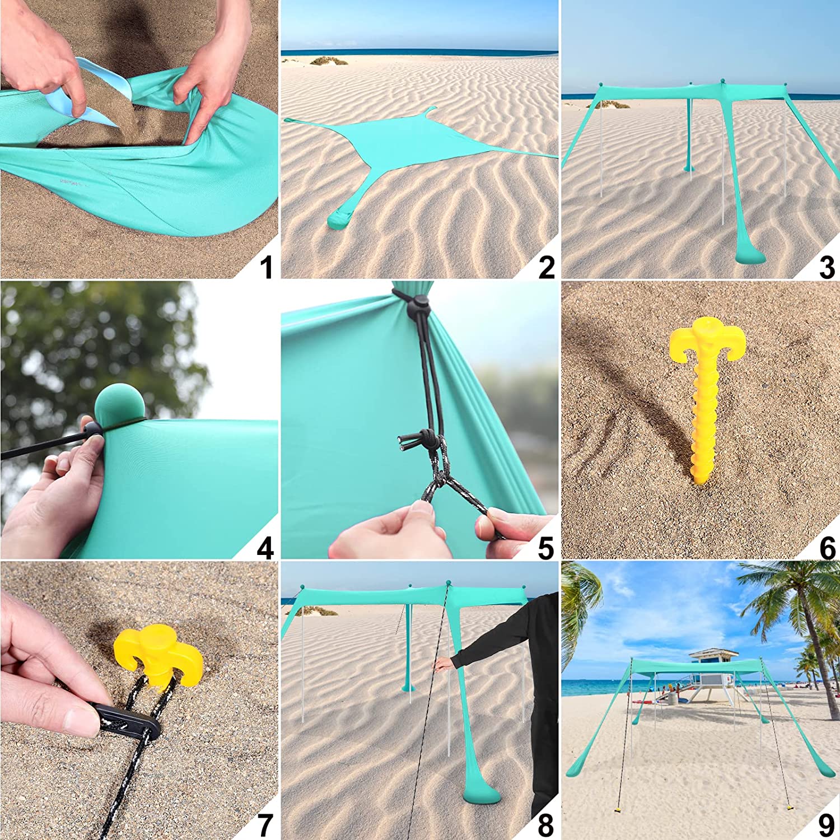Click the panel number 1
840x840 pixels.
[x=266, y=267]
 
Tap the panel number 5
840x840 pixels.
[x=546, y=547]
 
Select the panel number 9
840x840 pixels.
[x=827, y=825]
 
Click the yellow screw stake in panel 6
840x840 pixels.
[x=704, y=392]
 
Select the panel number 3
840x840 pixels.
[x=827, y=267]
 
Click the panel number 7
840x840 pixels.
[x=265, y=825]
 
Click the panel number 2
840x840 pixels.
[x=546, y=267]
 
